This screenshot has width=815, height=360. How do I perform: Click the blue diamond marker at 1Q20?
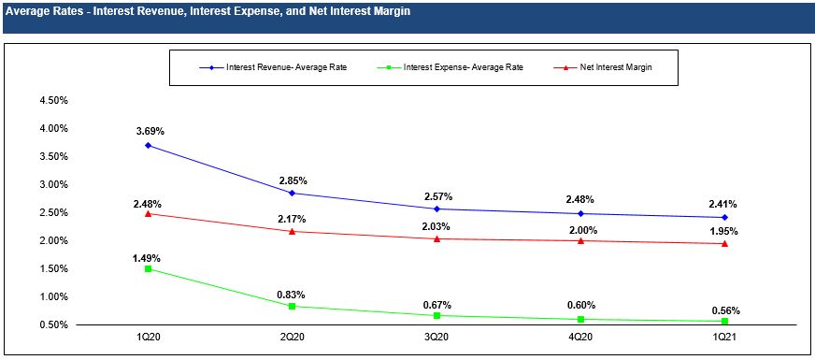[x=148, y=145]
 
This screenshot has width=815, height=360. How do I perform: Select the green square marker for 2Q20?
[x=293, y=307]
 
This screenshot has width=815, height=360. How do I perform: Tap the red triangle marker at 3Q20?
[x=436, y=238]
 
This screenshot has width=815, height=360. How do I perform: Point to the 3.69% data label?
[x=148, y=133]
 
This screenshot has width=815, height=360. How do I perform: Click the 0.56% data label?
[x=726, y=311]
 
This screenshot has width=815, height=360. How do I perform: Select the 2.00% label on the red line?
[x=581, y=230]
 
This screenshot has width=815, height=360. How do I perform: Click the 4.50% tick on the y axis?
[x=54, y=100]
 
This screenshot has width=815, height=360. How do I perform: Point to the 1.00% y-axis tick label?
[x=54, y=296]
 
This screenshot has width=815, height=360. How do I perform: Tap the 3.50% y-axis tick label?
[x=54, y=156]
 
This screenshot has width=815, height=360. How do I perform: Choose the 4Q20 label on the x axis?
[x=580, y=338]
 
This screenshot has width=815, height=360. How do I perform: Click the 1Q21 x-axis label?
[x=725, y=338]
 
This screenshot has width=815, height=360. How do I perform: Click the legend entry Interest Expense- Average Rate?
[x=450, y=67]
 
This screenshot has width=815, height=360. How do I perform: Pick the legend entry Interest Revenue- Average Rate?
[x=273, y=67]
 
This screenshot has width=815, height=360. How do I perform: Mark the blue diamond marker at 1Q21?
[x=725, y=218]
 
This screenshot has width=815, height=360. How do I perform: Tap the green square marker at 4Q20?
[x=580, y=319]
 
